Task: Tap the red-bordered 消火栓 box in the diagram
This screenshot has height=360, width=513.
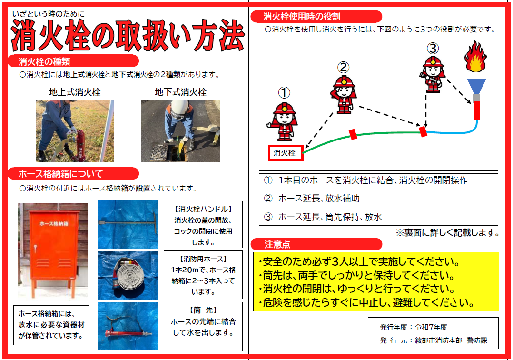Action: point(286,153)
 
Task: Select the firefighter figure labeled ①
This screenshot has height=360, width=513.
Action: point(283,121)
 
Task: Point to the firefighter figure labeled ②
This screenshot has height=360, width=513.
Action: point(343,95)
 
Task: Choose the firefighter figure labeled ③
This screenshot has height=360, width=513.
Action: point(433,74)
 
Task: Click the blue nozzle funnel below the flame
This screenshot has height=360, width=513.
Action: point(476,86)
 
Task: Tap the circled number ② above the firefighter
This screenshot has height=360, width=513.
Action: point(343,68)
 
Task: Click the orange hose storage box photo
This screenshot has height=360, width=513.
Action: point(53,250)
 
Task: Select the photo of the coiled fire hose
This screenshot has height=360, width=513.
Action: point(128,275)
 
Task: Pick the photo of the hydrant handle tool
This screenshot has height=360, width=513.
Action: point(128,224)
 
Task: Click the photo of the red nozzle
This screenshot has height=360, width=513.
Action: point(128,326)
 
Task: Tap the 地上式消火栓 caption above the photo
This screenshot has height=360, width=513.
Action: point(75,92)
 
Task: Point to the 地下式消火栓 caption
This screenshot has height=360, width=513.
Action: point(181,92)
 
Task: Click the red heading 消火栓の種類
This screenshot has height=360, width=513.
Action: point(44,61)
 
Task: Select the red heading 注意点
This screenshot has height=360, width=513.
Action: point(277,244)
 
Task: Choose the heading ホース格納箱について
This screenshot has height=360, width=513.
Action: point(60,174)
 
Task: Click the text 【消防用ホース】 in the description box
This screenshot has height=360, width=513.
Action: point(203,259)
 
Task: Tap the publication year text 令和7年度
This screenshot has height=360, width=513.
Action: point(431,327)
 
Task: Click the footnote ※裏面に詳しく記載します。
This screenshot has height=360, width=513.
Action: point(447,233)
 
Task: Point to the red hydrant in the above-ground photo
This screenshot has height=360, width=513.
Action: point(80,146)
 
